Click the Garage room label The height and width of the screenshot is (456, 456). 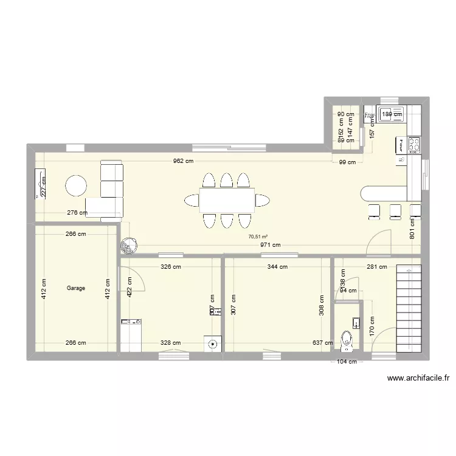76,288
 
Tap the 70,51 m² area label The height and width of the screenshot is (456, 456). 258,237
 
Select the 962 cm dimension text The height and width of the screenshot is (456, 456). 182,161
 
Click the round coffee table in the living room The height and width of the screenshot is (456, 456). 77,185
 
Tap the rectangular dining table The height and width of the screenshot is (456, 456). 227,199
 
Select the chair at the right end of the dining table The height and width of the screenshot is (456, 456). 263,199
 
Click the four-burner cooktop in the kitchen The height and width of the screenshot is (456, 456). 415,144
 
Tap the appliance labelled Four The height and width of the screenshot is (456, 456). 401,145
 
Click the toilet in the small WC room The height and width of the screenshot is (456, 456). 347,341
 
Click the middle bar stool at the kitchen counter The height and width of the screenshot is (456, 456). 395,210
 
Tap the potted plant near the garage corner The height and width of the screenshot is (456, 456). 128,244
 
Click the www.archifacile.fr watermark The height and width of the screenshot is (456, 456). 418,378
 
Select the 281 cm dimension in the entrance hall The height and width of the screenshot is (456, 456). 376,266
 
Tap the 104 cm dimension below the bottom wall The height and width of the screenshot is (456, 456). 346,362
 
